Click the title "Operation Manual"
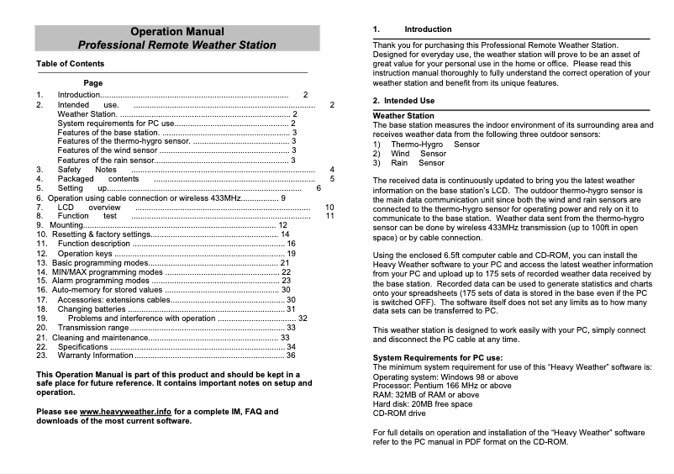point(177,31)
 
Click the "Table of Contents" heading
point(71,64)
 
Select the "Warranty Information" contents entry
point(96,355)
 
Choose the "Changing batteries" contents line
point(92,309)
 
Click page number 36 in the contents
point(291,355)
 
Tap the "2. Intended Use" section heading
point(403,101)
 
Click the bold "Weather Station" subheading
point(403,116)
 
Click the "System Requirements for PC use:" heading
point(438,359)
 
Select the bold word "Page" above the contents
point(93,83)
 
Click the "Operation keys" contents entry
point(85,253)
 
